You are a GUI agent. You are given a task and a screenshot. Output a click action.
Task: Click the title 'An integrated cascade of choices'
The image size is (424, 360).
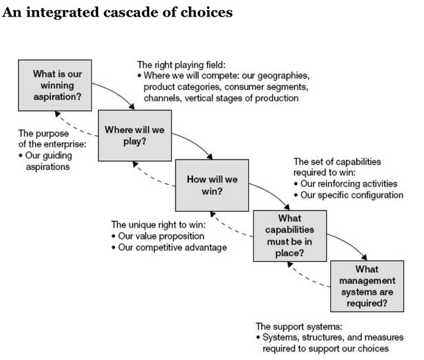(x=118, y=13)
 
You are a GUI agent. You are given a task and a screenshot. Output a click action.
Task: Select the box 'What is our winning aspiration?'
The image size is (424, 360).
(x=58, y=85)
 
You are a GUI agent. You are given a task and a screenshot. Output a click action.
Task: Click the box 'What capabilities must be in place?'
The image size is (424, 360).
(x=290, y=236)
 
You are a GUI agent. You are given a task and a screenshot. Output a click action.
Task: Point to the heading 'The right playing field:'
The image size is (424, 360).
(x=181, y=65)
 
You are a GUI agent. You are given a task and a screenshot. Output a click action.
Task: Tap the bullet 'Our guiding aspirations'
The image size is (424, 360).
(x=47, y=161)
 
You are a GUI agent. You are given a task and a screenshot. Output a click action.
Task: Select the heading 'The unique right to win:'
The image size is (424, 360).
(x=158, y=224)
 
